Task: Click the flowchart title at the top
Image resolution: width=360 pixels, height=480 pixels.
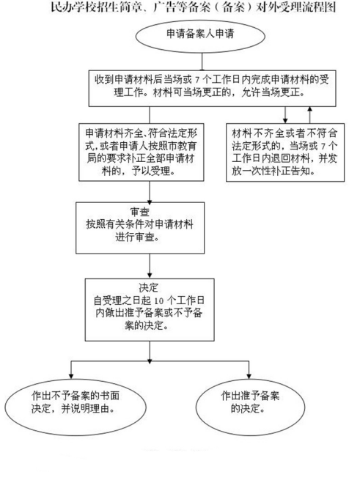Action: tap(194, 7)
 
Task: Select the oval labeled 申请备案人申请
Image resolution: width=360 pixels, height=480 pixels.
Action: tap(200, 36)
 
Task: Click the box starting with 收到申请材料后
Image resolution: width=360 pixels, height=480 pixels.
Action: tap(213, 89)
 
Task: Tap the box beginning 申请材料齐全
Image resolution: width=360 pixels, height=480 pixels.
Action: tap(142, 152)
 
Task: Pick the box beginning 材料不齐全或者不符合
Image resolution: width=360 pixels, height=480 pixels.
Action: tap(285, 152)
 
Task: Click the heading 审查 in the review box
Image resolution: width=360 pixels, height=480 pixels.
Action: tap(140, 212)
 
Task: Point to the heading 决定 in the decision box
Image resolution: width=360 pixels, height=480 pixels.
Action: tap(149, 287)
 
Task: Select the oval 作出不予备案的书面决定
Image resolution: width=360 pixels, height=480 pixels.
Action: tap(76, 407)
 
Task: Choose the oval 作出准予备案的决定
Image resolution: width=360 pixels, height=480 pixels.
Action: tap(250, 407)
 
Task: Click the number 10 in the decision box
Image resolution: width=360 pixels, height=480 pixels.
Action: tap(158, 300)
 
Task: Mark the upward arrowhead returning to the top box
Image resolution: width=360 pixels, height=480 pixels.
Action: tap(310, 109)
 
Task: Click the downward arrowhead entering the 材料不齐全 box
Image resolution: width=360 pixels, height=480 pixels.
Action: tap(285, 121)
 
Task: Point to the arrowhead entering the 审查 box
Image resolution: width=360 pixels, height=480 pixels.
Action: tap(150, 202)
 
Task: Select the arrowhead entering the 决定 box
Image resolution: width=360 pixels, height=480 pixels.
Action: tap(150, 275)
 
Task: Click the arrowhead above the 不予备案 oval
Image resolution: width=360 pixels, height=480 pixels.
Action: tap(71, 376)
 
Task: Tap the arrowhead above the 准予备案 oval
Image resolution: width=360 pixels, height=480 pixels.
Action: tap(249, 376)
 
